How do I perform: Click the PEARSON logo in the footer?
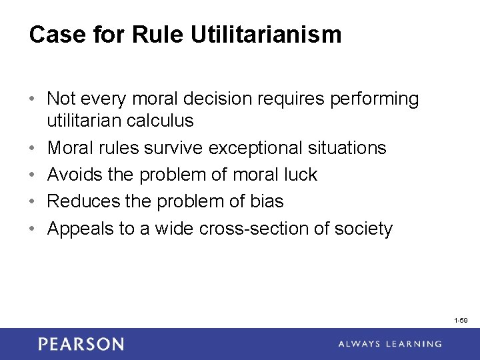81,344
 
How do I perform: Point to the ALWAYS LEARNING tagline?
389,344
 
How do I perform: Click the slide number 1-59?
460,321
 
